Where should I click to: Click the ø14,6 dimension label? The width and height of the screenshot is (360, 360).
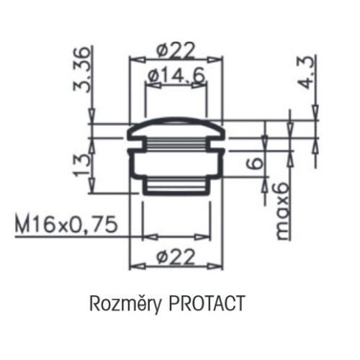click(172, 75)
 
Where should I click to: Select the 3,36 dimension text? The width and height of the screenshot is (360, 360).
click(85, 70)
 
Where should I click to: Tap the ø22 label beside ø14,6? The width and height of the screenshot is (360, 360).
click(172, 51)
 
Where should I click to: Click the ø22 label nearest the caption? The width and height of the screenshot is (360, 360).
click(172, 256)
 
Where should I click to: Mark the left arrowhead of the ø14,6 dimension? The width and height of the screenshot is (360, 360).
click(148, 84)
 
